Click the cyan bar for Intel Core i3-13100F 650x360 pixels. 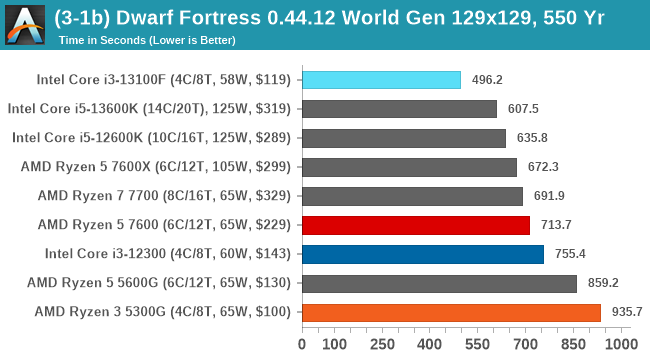[x=381, y=80]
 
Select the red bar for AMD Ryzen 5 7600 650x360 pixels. [x=416, y=225]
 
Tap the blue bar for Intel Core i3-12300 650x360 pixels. [x=422, y=254]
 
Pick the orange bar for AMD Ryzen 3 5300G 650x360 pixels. [x=451, y=312]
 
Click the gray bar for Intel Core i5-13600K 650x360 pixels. [x=399, y=109]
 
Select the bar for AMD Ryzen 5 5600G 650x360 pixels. [x=439, y=283]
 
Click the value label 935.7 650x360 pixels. [x=627, y=312]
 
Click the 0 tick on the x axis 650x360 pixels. [x=302, y=343]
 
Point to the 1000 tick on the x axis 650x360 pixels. [x=620, y=343]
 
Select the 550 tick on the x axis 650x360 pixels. [x=477, y=343]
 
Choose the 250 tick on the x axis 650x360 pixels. [x=382, y=343]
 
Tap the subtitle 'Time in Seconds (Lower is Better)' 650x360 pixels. [x=147, y=41]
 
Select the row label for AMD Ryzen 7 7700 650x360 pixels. [x=163, y=196]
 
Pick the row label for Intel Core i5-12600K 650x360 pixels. [x=149, y=138]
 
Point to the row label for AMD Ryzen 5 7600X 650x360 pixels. [x=156, y=167]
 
